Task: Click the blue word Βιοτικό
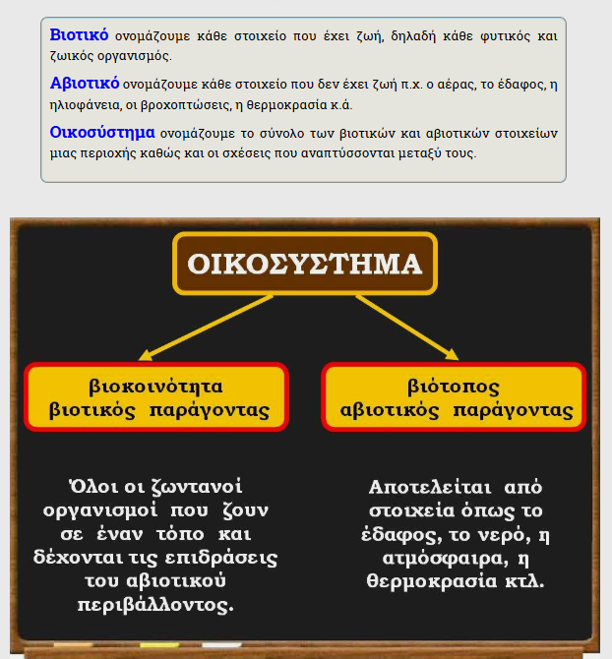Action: (x=79, y=35)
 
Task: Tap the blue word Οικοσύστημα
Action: (x=102, y=131)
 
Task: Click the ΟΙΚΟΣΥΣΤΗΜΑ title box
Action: (x=305, y=264)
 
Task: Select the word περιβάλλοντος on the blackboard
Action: (x=155, y=605)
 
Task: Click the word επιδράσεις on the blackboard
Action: (x=227, y=558)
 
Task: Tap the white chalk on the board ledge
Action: (x=221, y=645)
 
